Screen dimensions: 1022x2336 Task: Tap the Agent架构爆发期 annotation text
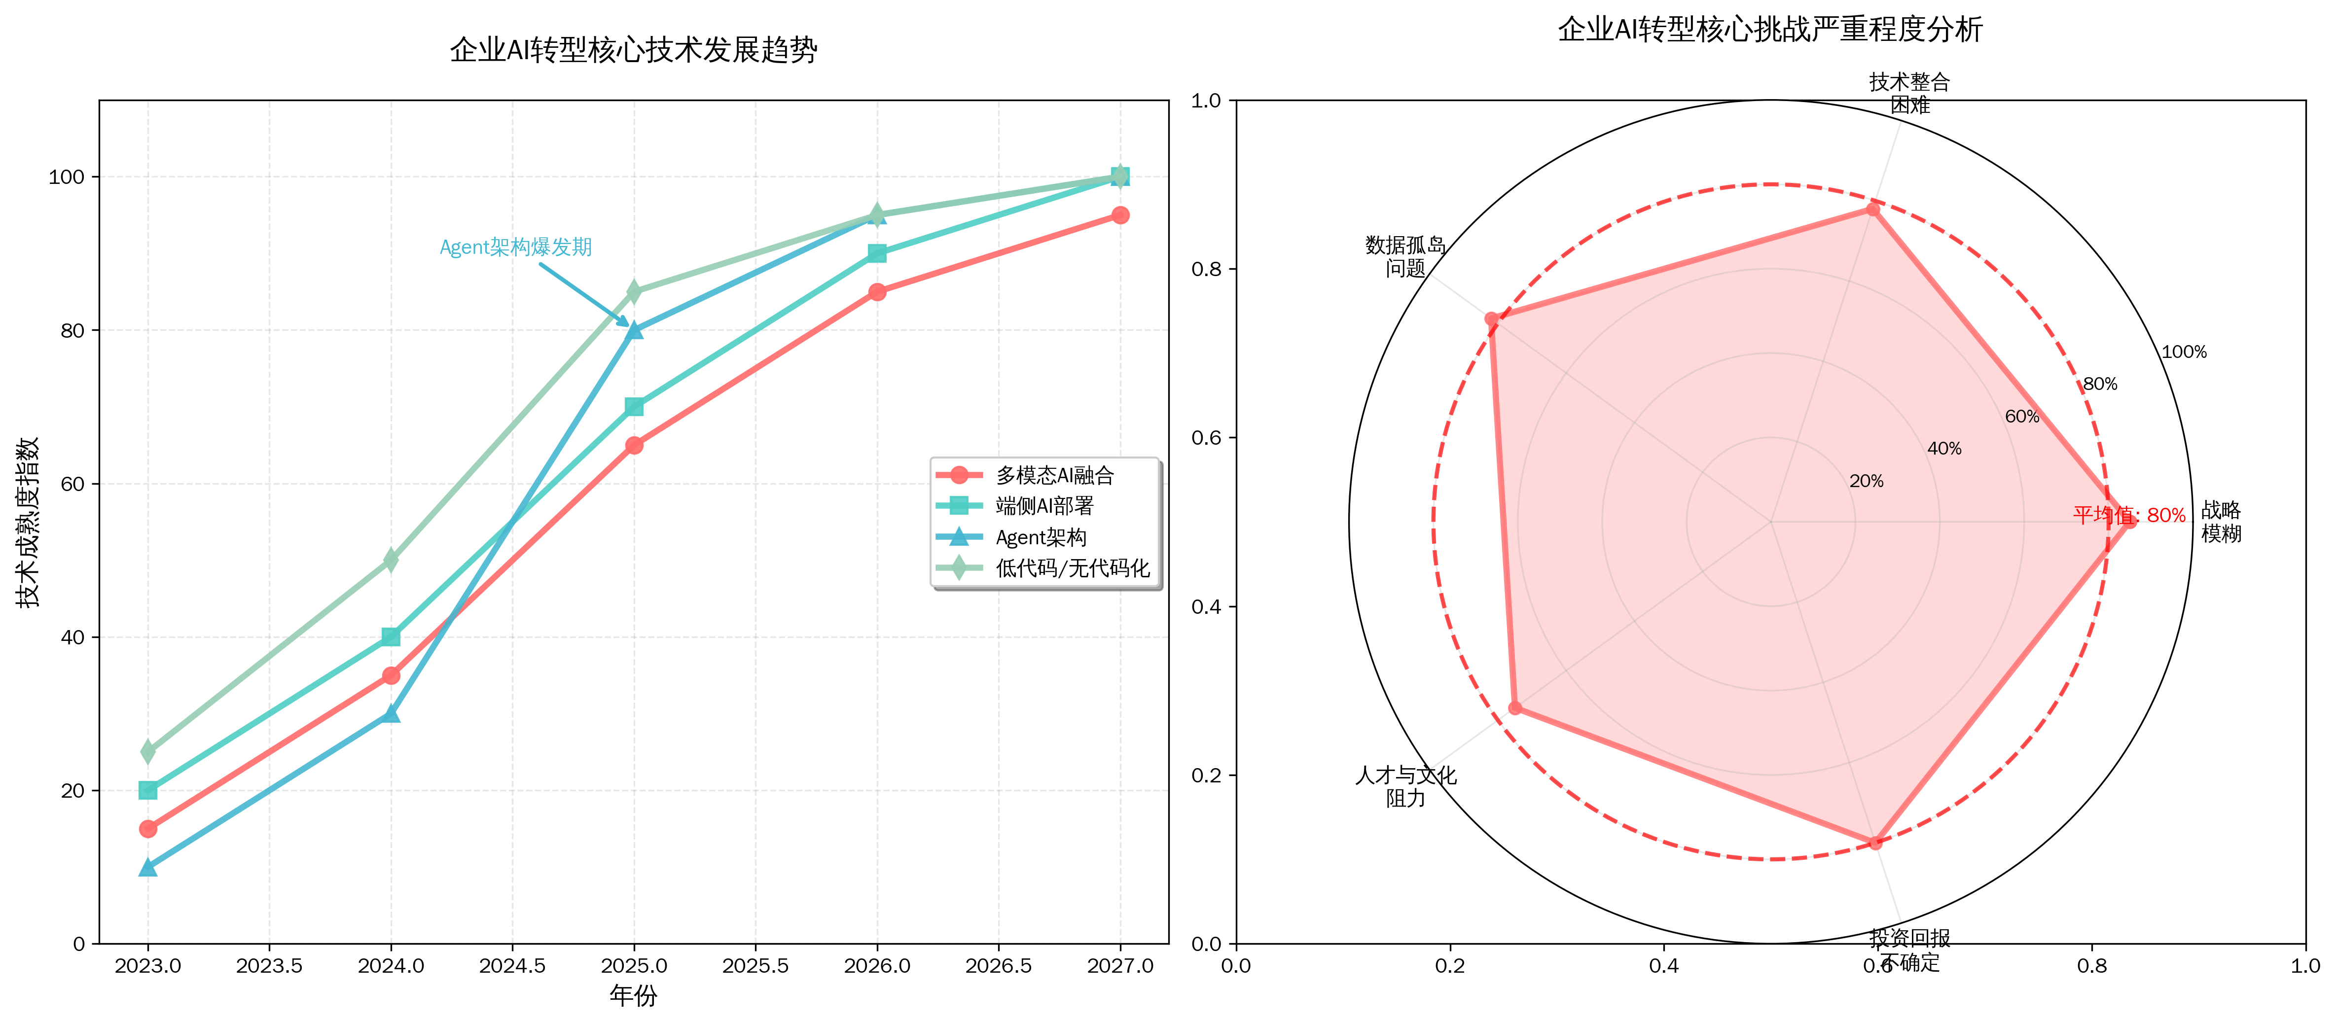point(515,247)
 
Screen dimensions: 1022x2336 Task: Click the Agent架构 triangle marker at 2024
point(391,714)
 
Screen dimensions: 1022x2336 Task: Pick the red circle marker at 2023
point(148,829)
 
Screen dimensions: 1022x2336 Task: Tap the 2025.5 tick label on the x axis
point(755,966)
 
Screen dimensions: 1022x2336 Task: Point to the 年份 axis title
point(633,996)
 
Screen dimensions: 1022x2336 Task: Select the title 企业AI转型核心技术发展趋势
point(633,50)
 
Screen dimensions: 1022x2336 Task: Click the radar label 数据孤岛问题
point(1405,257)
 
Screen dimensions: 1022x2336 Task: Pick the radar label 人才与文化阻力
point(1405,786)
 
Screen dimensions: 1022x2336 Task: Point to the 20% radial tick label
point(1866,482)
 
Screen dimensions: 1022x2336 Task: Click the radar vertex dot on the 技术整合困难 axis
point(1872,210)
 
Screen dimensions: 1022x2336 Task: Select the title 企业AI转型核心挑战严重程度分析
point(1770,30)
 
